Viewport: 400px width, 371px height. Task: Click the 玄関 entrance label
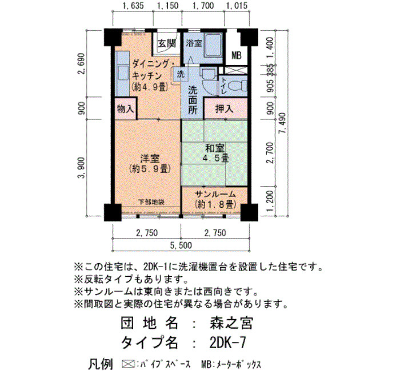(167, 43)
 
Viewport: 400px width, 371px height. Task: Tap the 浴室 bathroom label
(194, 43)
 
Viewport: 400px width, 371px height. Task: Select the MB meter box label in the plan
(237, 55)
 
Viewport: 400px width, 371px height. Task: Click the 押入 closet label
(225, 109)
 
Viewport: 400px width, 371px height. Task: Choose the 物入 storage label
(125, 109)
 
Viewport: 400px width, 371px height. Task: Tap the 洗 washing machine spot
(181, 74)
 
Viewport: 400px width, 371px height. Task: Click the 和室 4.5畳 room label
(215, 153)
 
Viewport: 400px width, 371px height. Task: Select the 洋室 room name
(150, 158)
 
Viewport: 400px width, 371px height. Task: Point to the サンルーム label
(215, 194)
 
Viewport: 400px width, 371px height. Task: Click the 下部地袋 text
(151, 202)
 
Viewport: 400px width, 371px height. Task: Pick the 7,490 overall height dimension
(282, 123)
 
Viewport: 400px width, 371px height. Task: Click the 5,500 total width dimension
(181, 245)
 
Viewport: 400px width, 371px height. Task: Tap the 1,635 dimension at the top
(133, 5)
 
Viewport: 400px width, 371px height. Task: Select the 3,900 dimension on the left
(81, 168)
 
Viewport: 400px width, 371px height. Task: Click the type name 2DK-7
(228, 342)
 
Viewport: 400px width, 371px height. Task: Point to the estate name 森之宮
(231, 324)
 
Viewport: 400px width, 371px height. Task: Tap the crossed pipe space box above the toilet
(233, 70)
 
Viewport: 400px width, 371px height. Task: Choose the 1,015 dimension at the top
(237, 5)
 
